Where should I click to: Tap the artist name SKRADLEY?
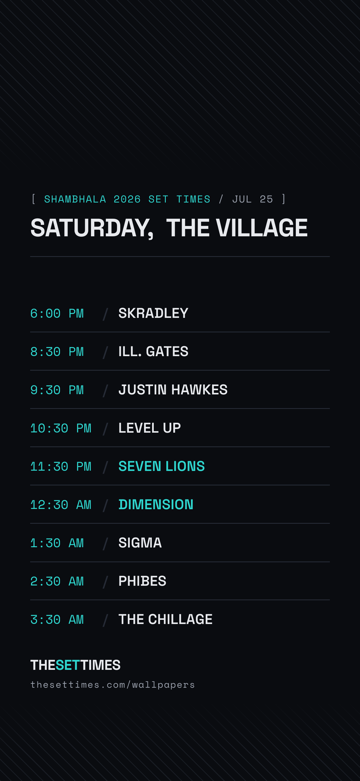tap(153, 313)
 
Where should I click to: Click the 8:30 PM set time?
tap(57, 352)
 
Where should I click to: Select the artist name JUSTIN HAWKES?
tap(173, 390)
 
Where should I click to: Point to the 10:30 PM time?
tap(61, 428)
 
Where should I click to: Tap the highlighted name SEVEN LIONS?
tap(162, 466)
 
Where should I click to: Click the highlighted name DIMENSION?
tap(156, 504)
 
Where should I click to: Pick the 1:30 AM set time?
tap(57, 543)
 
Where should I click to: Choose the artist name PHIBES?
tap(142, 581)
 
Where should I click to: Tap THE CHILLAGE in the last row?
tap(165, 619)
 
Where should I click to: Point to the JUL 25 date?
tap(253, 199)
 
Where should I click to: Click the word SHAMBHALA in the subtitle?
tap(75, 199)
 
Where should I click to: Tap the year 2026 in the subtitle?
tap(127, 199)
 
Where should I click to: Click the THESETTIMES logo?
tap(75, 665)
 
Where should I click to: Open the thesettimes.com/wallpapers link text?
tap(112, 685)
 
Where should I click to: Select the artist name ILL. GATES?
tap(153, 351)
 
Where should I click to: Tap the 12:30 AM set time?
tap(61, 505)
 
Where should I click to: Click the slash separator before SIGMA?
tap(105, 543)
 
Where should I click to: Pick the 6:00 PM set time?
tap(57, 313)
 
